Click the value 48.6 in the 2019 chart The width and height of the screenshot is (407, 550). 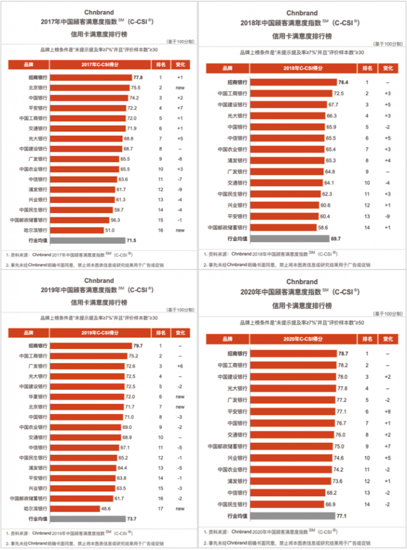point(105,508)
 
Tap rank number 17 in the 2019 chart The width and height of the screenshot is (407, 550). point(160,508)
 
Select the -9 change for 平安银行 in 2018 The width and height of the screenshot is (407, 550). point(388,216)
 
